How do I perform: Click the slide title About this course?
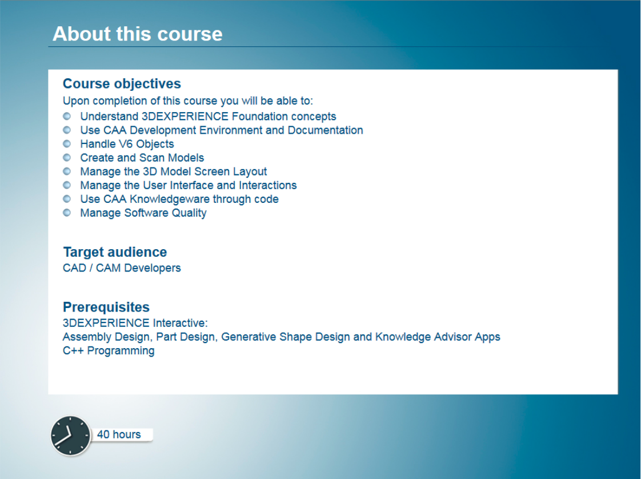tap(137, 34)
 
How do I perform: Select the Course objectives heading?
tap(122, 83)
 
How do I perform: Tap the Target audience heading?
tap(115, 252)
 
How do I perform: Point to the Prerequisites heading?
tap(106, 307)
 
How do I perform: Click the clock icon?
tap(70, 436)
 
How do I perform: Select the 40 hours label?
tap(119, 434)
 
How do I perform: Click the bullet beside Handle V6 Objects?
tap(67, 143)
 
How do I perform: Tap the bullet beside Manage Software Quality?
tap(67, 213)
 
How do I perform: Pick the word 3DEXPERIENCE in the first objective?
tap(185, 117)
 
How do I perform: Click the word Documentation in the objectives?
tap(326, 130)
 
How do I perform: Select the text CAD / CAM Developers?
tap(122, 268)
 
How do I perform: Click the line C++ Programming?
tap(109, 351)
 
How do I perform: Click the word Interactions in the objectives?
tap(268, 185)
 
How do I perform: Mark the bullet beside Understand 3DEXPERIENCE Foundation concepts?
tap(67, 116)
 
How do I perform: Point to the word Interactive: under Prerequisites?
tap(181, 323)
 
